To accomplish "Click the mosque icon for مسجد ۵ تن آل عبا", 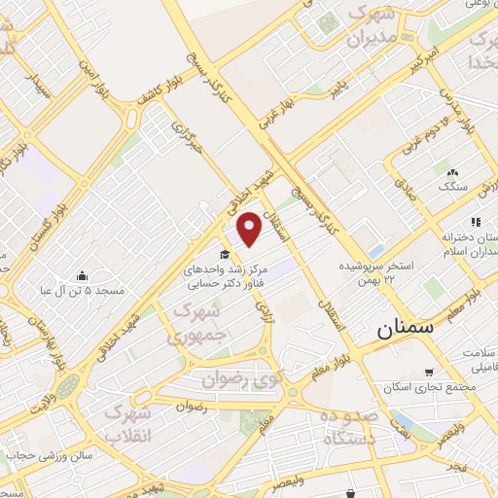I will point(82,275).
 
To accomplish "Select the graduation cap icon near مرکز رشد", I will point(224,255).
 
